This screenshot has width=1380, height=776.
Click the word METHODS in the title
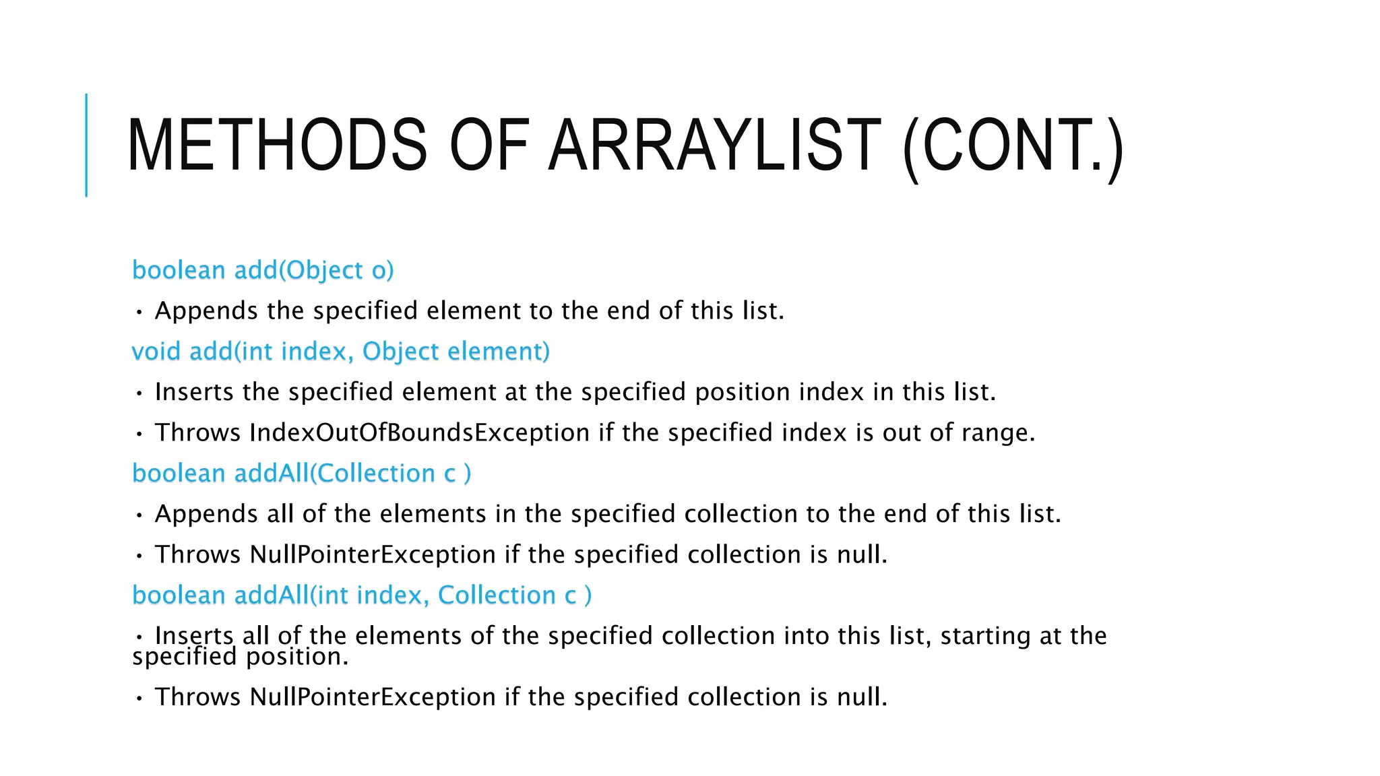point(276,145)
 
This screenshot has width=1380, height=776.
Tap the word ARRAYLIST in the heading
point(714,145)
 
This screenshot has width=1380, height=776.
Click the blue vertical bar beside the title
point(86,145)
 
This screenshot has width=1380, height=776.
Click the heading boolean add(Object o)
point(263,270)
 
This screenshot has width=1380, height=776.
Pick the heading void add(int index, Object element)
point(340,352)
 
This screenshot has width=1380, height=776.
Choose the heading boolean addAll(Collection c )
point(301,474)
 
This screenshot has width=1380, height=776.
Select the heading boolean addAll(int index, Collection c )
point(362,595)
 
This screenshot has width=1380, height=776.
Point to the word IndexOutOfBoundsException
point(419,432)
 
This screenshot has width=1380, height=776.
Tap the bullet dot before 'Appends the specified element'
point(139,312)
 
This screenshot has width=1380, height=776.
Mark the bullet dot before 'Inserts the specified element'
point(139,393)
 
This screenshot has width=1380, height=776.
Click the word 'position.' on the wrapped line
point(297,657)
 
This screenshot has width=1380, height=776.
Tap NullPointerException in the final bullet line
point(373,697)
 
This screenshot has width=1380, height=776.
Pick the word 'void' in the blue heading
point(156,352)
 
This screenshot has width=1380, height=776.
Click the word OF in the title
point(489,145)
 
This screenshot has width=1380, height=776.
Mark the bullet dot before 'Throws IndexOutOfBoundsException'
point(139,434)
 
